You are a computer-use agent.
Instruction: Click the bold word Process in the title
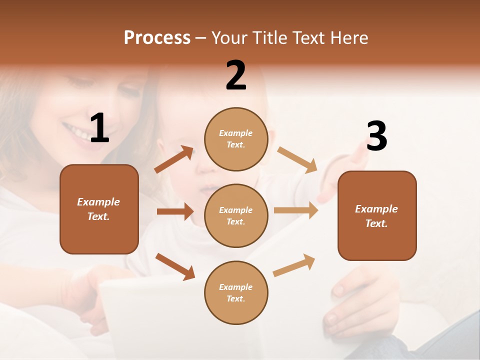point(157,38)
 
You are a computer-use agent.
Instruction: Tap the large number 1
point(99,128)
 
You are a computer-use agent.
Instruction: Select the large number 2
point(236,75)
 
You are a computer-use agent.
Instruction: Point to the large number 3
point(376,136)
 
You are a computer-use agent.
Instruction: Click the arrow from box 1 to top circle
point(173,159)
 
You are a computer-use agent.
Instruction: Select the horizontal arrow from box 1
point(175,211)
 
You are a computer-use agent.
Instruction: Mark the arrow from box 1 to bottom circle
point(175,266)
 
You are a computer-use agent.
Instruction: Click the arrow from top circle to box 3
point(297,160)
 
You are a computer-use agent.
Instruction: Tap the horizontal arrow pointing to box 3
point(295,210)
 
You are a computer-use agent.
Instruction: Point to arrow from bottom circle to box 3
point(294,265)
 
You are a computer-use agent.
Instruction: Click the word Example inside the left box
point(98,202)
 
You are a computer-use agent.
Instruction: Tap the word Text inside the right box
point(375,223)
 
